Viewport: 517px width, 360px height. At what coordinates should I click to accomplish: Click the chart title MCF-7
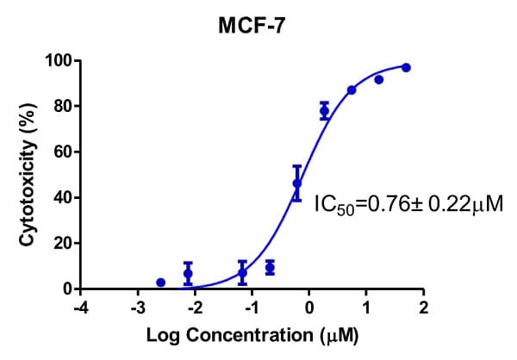pyautogui.click(x=251, y=27)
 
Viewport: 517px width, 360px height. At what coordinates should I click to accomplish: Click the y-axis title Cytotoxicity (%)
pyautogui.click(x=28, y=175)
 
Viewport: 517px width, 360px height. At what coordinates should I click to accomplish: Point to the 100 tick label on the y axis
pyautogui.click(x=59, y=61)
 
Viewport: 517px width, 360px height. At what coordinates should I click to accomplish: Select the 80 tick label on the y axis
pyautogui.click(x=63, y=107)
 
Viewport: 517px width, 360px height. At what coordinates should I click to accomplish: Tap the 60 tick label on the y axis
pyautogui.click(x=63, y=152)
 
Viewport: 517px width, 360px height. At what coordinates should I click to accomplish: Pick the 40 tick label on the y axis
pyautogui.click(x=63, y=198)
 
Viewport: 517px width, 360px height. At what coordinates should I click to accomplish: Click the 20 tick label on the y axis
pyautogui.click(x=63, y=244)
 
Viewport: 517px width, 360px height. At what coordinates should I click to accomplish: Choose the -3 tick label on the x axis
pyautogui.click(x=135, y=307)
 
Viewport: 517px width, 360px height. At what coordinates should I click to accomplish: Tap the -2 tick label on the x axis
pyautogui.click(x=192, y=307)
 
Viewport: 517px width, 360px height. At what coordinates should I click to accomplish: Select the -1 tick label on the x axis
pyautogui.click(x=250, y=307)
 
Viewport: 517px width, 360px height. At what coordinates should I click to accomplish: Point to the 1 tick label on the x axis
pyautogui.click(x=366, y=307)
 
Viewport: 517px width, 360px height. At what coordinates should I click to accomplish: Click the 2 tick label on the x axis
pyautogui.click(x=423, y=307)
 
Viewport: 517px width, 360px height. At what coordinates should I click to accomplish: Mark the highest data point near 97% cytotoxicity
pyautogui.click(x=406, y=67)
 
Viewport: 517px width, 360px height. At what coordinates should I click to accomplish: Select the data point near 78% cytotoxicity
pyautogui.click(x=325, y=110)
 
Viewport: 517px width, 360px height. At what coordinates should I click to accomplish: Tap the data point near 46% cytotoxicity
pyautogui.click(x=297, y=183)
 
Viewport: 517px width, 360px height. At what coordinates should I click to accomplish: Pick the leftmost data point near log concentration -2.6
pyautogui.click(x=160, y=282)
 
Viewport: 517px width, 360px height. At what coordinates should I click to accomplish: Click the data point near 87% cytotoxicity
pyautogui.click(x=352, y=90)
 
